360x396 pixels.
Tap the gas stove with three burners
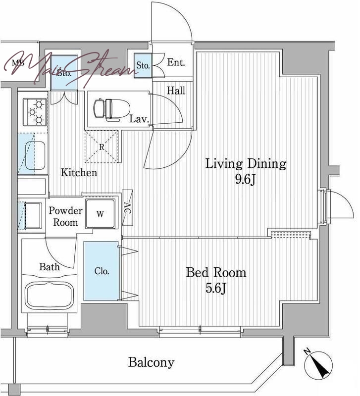point(35,112)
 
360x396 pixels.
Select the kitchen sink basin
point(35,155)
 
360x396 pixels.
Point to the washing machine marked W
point(100,214)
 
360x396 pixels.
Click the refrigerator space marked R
point(102,147)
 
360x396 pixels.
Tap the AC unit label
point(128,208)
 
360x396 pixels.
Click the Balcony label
point(151,362)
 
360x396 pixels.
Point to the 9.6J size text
point(246,180)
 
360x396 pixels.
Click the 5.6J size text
point(215,288)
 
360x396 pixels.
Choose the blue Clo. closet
point(102,271)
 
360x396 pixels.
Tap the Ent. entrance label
point(176,62)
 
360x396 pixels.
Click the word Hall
point(176,90)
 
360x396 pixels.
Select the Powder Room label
point(65,216)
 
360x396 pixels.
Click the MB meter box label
point(18,63)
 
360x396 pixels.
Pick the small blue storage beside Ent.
point(143,65)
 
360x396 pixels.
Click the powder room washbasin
point(32,215)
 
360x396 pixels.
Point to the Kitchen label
point(79,172)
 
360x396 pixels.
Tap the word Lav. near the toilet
point(139,119)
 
